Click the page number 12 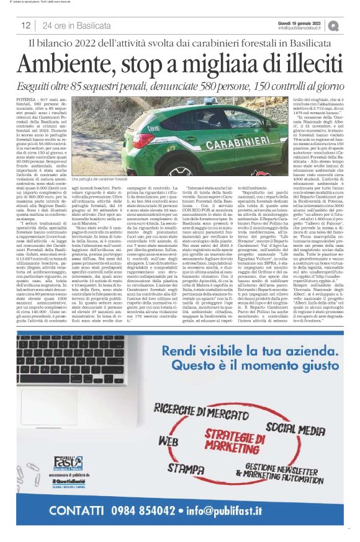pyautogui.click(x=26, y=25)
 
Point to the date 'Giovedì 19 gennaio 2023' pyautogui.click(x=300, y=22)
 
